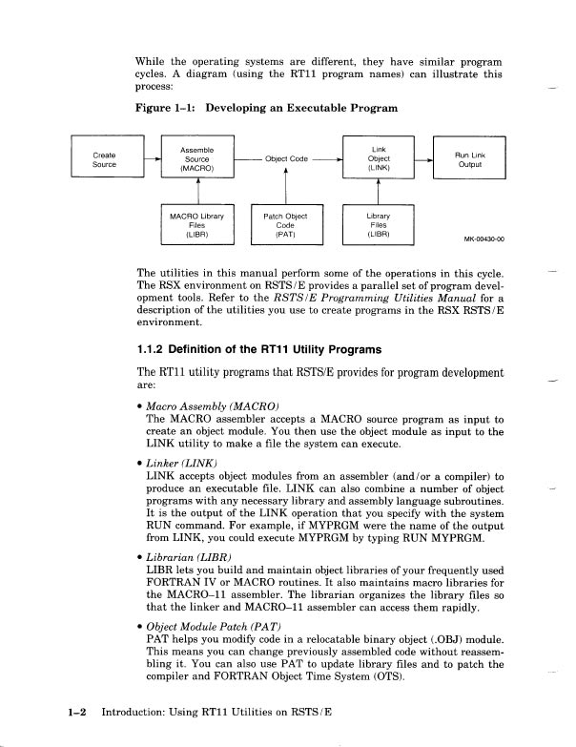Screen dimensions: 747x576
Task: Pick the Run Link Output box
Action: [x=470, y=159]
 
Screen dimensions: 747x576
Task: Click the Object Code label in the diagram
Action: [x=286, y=159]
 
